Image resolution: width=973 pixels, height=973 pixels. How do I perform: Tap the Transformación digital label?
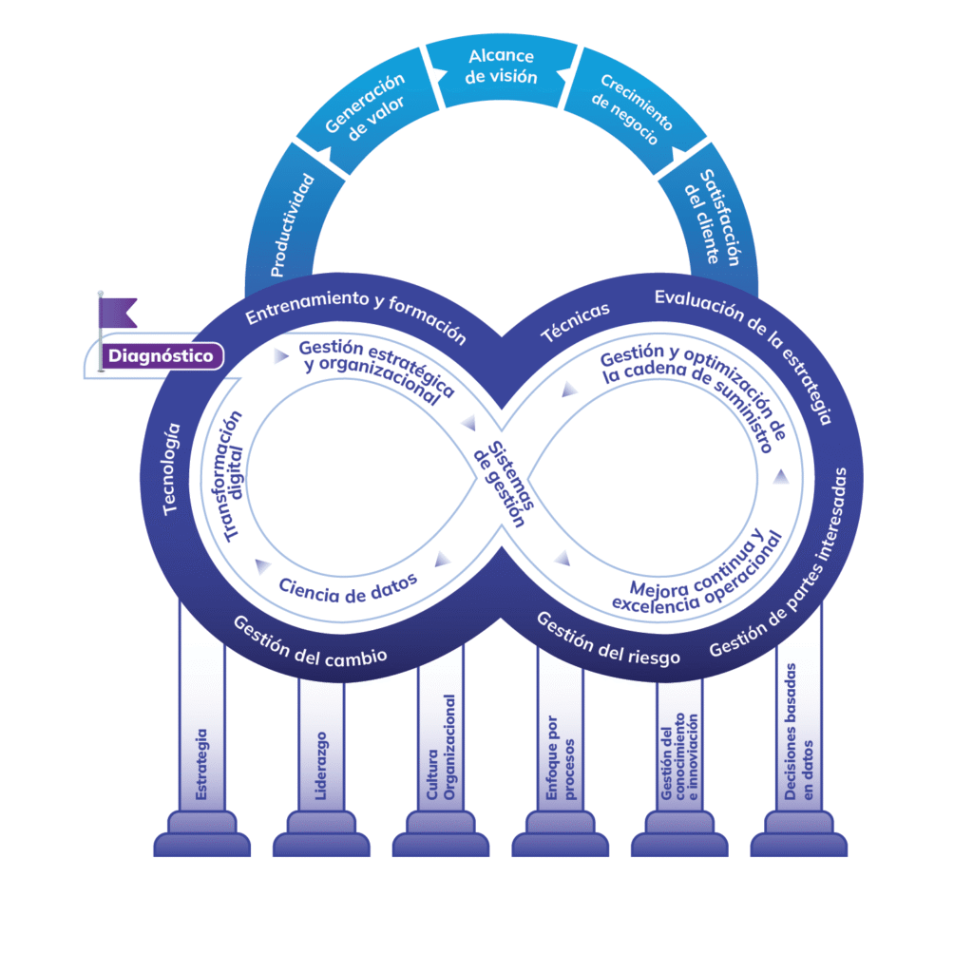(232, 476)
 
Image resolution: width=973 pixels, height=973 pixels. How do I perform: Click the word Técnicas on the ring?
(575, 322)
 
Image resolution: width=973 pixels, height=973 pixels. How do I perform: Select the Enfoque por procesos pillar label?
(561, 752)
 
